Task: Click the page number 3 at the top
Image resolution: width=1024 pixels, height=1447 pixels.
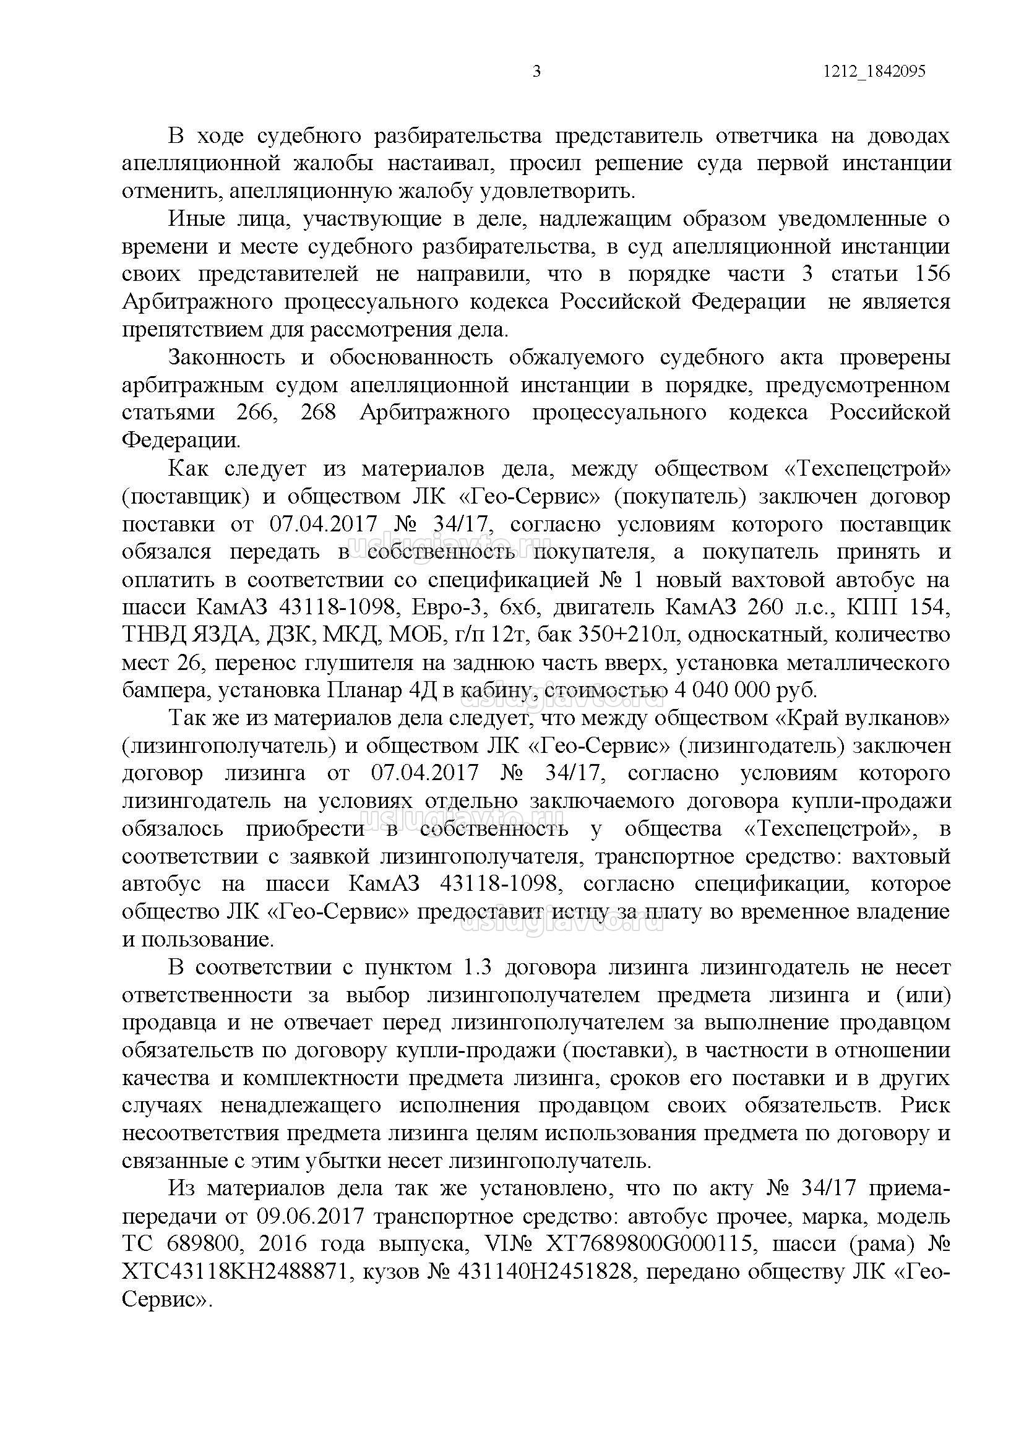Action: click(x=536, y=72)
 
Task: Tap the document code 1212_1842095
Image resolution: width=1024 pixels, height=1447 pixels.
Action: click(x=874, y=72)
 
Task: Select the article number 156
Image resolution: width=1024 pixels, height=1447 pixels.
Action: click(x=929, y=274)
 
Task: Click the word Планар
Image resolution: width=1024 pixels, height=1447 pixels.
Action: click(x=364, y=690)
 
